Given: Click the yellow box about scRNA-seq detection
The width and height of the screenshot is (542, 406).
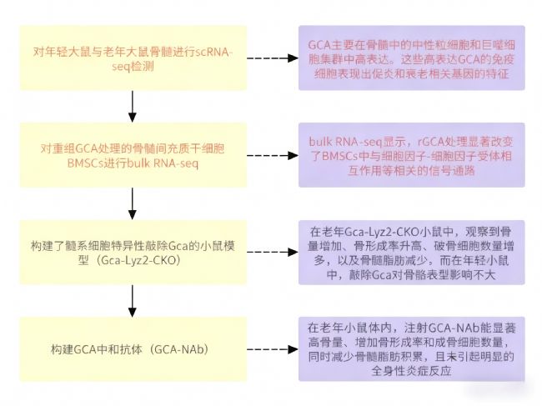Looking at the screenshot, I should click(x=133, y=58).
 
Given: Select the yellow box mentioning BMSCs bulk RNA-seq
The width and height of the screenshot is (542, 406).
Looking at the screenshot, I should click(x=133, y=156).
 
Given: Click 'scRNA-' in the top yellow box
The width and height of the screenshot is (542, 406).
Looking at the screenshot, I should click(x=213, y=50).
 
